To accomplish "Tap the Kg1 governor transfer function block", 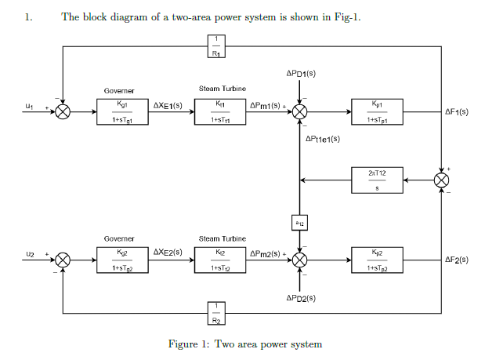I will point(119,111).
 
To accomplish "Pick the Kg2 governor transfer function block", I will point(119,261).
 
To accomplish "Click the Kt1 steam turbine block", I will point(220,111).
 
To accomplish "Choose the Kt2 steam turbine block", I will point(220,261).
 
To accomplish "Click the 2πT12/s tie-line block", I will point(378,180).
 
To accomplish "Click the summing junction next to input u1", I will point(63,111).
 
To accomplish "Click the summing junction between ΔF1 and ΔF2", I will point(442,180).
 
